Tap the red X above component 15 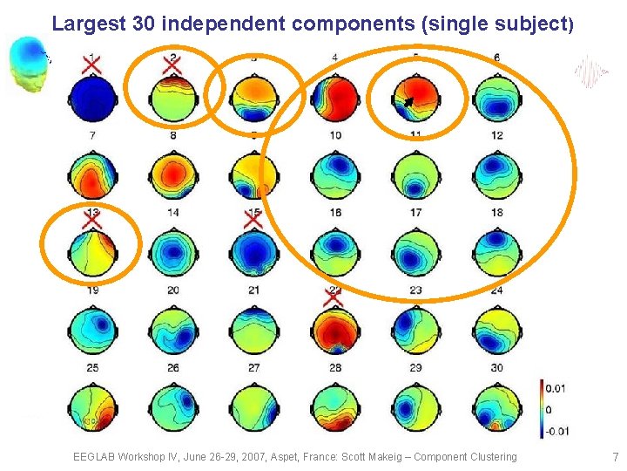[x=253, y=216]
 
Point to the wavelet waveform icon [x=591, y=72]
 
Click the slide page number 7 [x=615, y=457]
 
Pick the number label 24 [x=496, y=290]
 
